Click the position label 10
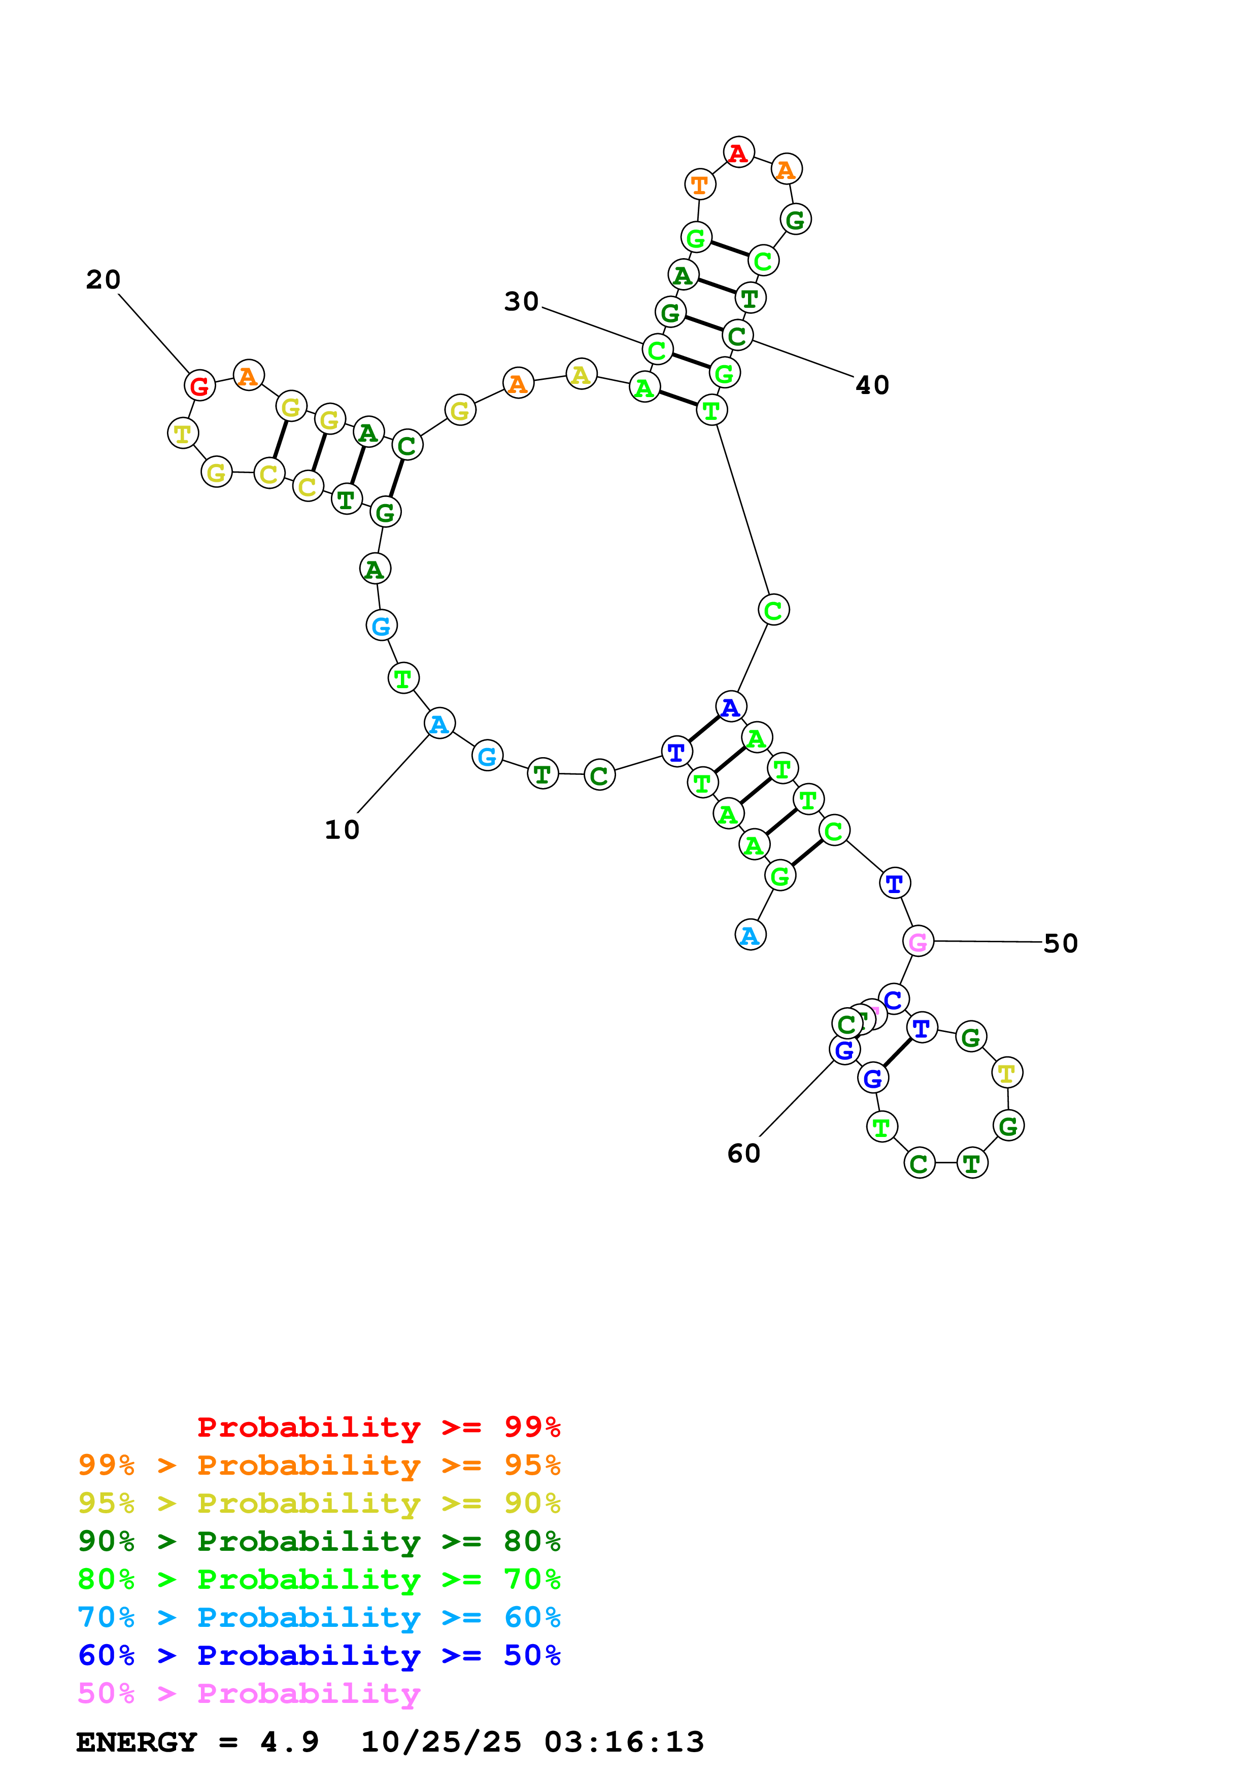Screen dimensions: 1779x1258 342,830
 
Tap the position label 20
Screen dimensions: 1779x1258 103,280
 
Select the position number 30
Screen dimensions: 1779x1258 521,301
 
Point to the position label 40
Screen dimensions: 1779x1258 872,385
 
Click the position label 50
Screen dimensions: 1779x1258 1061,944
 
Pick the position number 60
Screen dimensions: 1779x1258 743,1154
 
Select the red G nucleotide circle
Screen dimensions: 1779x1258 199,385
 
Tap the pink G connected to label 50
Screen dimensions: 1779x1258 917,941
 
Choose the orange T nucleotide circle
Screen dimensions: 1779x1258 699,185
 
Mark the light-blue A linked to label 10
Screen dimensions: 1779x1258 439,724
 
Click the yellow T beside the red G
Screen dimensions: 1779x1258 183,433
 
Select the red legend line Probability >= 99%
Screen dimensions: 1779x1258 378,1427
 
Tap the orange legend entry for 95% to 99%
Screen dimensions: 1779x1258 319,1465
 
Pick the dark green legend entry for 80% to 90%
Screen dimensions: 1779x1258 319,1541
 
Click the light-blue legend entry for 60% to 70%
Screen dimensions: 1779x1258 319,1617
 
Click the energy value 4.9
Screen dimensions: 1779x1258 289,1742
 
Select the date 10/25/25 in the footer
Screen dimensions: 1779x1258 441,1742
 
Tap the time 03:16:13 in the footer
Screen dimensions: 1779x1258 624,1742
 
